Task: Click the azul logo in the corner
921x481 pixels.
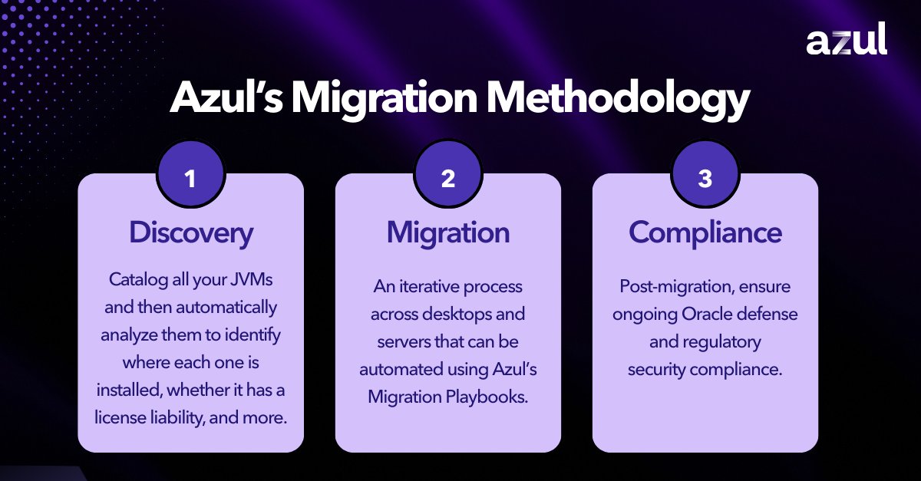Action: (846, 39)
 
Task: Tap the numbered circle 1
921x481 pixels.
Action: (190, 179)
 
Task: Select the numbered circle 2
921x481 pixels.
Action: (447, 179)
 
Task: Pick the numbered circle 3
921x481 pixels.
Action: (705, 179)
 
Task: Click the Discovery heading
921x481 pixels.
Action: (190, 232)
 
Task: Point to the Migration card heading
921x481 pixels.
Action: (447, 232)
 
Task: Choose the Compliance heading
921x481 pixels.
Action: (705, 232)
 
